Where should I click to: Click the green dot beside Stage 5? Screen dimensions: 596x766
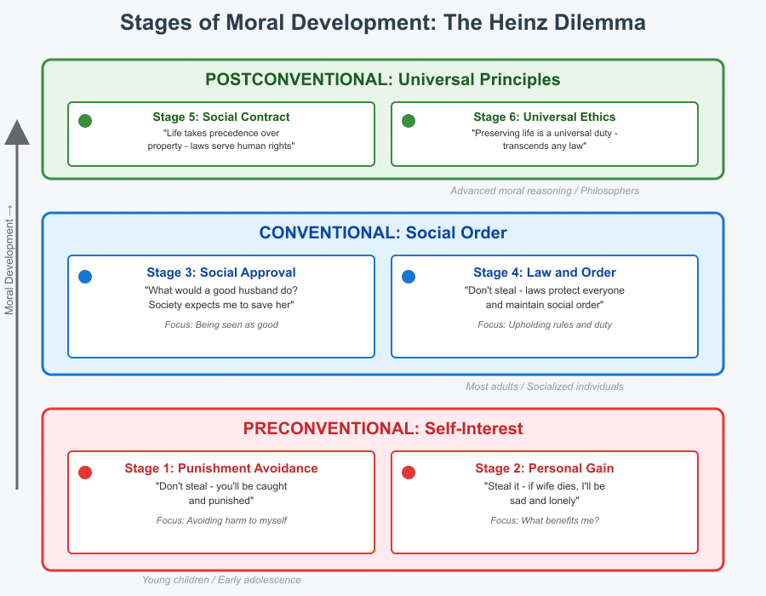pyautogui.click(x=85, y=121)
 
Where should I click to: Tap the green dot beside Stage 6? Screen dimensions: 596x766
pyautogui.click(x=409, y=121)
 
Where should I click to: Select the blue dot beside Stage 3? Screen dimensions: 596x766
pyautogui.click(x=85, y=277)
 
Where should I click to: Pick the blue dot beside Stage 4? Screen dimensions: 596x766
pyautogui.click(x=409, y=277)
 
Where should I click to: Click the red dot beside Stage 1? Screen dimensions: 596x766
pyautogui.click(x=85, y=473)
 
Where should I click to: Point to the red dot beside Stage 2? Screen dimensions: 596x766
pyautogui.click(x=409, y=473)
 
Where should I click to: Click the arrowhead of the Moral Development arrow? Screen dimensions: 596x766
pyautogui.click(x=17, y=132)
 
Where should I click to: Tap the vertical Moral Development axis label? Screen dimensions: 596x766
pyautogui.click(x=10, y=260)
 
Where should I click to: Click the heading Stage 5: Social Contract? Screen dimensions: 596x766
pyautogui.click(x=220, y=117)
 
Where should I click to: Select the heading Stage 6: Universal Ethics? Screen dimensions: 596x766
pyautogui.click(x=545, y=117)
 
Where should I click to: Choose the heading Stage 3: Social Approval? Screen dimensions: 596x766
pyautogui.click(x=220, y=272)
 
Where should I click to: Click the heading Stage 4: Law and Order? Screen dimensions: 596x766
pyautogui.click(x=545, y=272)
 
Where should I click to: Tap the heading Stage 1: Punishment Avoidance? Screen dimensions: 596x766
pyautogui.click(x=220, y=468)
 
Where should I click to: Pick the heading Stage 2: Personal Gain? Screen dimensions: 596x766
pyautogui.click(x=545, y=468)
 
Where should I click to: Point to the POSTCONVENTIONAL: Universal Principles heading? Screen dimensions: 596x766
pyautogui.click(x=383, y=80)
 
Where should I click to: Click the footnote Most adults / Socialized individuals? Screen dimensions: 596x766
pyautogui.click(x=545, y=387)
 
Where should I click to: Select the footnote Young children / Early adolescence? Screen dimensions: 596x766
pyautogui.click(x=221, y=580)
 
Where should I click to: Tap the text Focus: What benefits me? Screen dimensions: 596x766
pyautogui.click(x=545, y=520)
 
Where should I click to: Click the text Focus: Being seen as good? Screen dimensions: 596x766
pyautogui.click(x=220, y=324)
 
